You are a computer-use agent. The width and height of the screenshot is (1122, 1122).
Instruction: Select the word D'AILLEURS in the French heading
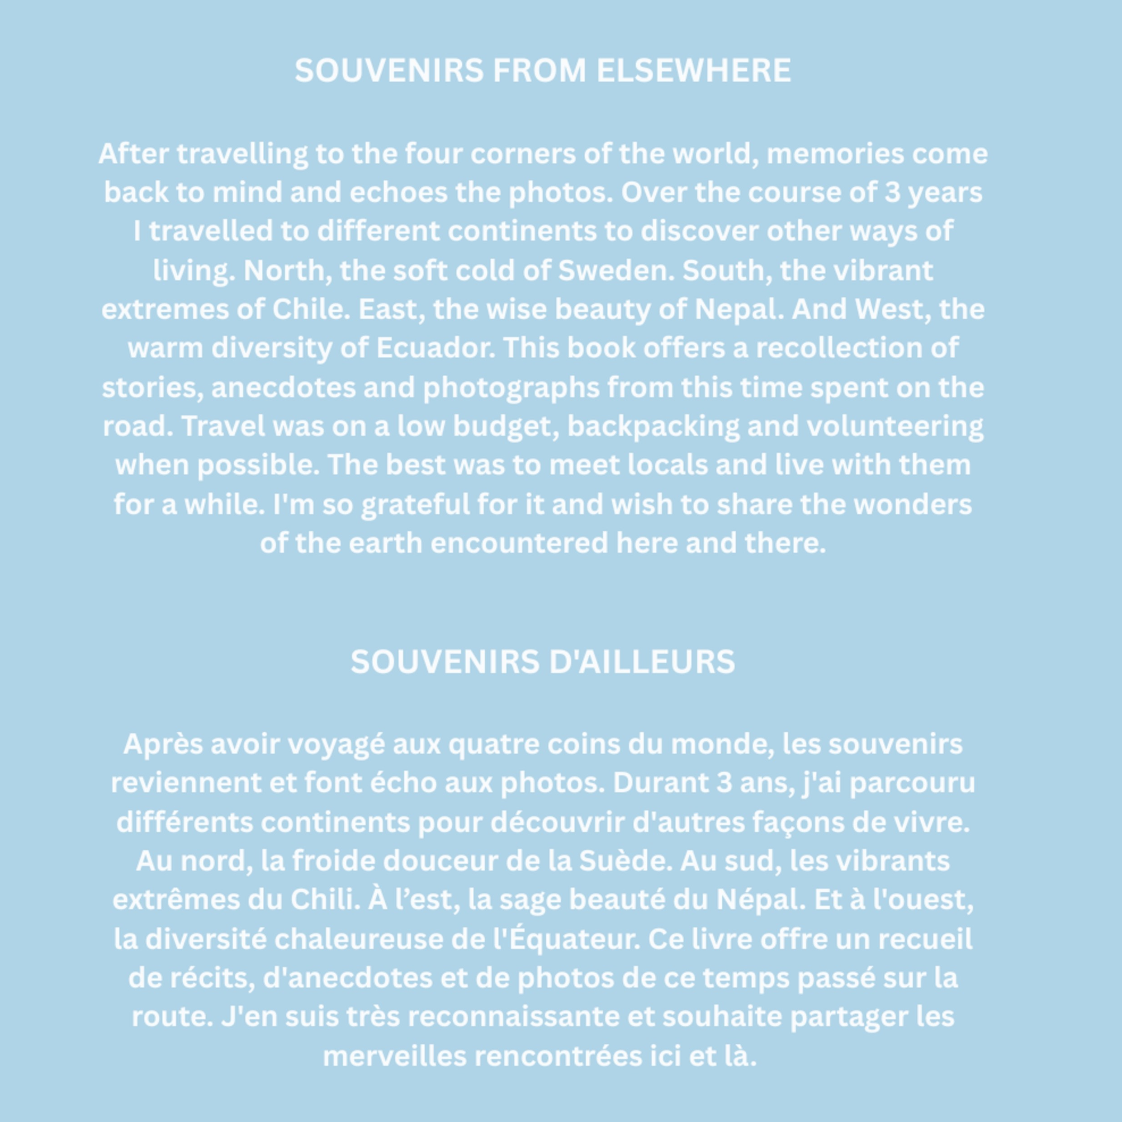642,662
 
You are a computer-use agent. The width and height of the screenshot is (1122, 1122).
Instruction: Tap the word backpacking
653,426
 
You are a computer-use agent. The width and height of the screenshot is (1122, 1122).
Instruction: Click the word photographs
511,388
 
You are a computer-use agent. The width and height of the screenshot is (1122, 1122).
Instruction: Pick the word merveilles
394,1056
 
